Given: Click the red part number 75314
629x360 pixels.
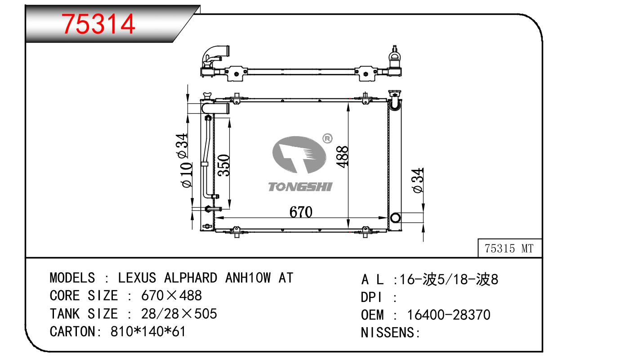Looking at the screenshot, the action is click(x=98, y=24).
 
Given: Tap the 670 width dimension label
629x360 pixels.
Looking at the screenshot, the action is click(x=301, y=212).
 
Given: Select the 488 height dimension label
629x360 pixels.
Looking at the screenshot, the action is click(x=342, y=157).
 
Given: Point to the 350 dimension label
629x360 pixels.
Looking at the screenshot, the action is click(x=223, y=165).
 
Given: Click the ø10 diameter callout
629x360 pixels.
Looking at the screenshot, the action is click(x=187, y=175).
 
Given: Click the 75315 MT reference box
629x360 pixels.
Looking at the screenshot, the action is click(x=510, y=248).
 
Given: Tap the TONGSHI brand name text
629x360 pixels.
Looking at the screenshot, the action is click(x=300, y=187).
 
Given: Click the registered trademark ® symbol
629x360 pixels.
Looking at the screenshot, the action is click(x=327, y=138).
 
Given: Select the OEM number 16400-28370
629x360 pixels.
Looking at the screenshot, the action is click(x=449, y=315).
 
